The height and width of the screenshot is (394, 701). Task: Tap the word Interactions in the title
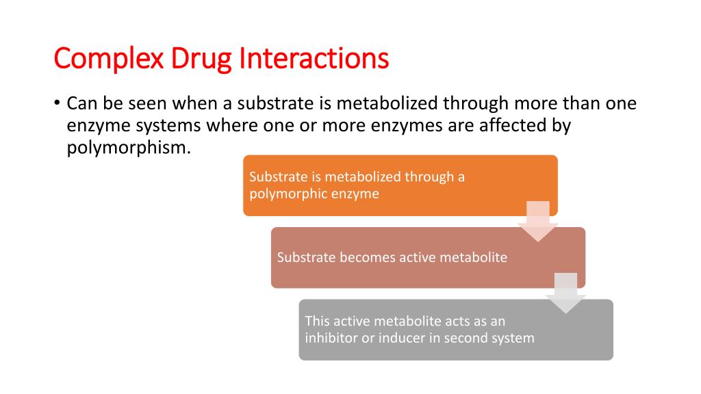[x=314, y=59]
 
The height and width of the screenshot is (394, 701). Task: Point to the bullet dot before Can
[x=58, y=104]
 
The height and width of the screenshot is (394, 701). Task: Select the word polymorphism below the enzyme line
[x=126, y=148]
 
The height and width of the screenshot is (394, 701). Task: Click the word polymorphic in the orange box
[x=282, y=194]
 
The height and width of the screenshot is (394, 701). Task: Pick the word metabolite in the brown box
[x=473, y=258]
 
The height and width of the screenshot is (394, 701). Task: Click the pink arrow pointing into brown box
[x=537, y=223]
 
